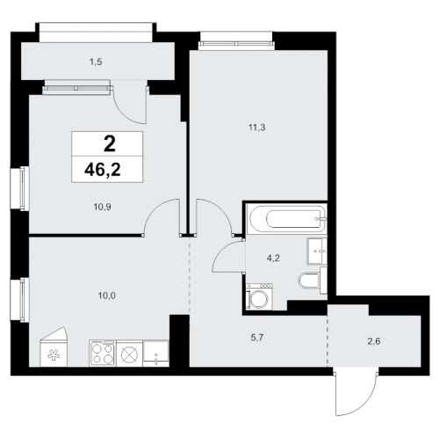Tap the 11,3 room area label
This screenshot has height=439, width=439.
[x=257, y=127]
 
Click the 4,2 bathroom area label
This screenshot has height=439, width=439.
[x=274, y=259]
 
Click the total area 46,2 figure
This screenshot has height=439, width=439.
[x=107, y=170]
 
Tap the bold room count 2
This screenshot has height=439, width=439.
[x=107, y=144]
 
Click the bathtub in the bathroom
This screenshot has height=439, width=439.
[x=285, y=219]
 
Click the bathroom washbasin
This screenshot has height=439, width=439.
[x=317, y=252]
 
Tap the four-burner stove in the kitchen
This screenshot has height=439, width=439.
[x=102, y=355]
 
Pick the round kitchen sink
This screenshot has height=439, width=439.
[x=130, y=355]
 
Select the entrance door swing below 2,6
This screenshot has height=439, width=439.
[x=357, y=390]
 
